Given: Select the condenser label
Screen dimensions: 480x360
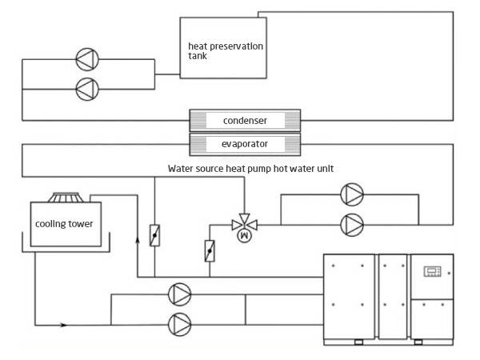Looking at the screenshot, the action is point(245,121).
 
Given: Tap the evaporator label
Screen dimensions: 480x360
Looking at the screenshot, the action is point(245,144).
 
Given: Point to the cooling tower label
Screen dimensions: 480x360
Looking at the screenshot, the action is point(64,224).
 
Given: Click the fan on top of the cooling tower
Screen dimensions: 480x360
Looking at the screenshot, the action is point(66,198).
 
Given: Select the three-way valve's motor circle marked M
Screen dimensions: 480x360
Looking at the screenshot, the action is point(244,235).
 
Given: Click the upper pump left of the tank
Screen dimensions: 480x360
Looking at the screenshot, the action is point(87,59).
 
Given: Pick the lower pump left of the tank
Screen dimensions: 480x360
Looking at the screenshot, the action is point(87,89).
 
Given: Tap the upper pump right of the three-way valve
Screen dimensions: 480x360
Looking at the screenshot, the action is point(352,194).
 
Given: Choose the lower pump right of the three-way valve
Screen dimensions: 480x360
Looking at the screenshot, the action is point(352,225).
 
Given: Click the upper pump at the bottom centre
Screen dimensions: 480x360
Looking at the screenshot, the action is point(180,294).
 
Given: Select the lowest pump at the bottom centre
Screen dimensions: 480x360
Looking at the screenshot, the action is point(180,325).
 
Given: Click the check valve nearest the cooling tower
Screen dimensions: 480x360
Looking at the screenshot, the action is point(154,235).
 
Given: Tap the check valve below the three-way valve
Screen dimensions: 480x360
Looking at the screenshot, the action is point(210,251).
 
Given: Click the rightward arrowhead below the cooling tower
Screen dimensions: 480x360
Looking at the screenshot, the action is point(63,325).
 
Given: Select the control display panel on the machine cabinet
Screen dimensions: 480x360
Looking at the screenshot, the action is point(432,271).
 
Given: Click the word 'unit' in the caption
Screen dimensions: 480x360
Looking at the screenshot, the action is point(326,169).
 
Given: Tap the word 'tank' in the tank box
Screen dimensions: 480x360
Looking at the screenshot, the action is point(198,56).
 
